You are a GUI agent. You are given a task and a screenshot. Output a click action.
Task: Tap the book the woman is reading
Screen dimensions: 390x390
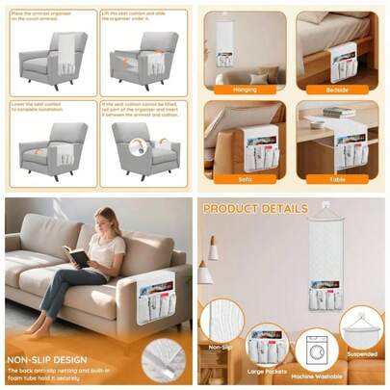pyautogui.click(x=79, y=257)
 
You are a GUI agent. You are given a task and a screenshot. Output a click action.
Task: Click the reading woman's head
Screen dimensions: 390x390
pyautogui.click(x=104, y=221)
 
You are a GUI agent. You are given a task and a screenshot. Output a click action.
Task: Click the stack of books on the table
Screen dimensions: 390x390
pyautogui.click(x=339, y=113)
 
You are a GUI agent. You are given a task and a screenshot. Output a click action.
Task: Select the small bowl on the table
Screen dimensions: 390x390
pyautogui.click(x=315, y=123)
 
